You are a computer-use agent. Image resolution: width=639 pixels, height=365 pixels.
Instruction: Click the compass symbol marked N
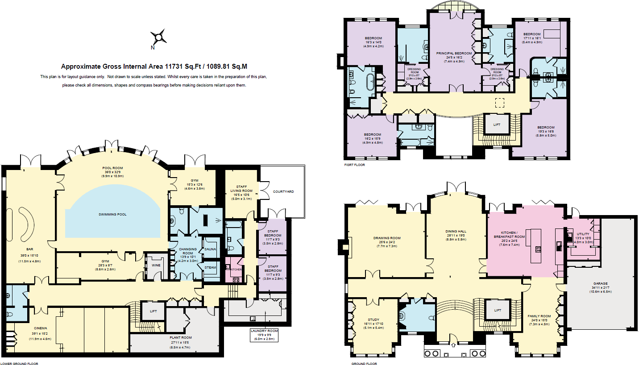tap(158, 37)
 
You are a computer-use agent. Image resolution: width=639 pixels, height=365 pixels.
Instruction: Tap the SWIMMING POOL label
tap(112, 214)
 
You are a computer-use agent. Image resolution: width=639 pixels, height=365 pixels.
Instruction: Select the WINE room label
tap(156, 265)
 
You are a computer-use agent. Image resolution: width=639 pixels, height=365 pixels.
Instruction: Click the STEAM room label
tap(210, 268)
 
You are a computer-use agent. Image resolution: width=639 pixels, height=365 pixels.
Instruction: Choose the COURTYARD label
tap(283, 191)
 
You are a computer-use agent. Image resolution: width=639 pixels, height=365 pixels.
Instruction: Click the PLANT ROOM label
tap(181, 337)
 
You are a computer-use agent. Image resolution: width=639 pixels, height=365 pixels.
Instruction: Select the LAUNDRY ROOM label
tap(266, 331)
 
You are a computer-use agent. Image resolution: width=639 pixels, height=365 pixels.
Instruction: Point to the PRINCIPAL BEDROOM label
tap(454, 54)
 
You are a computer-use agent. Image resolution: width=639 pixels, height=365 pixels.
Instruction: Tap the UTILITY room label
tap(583, 234)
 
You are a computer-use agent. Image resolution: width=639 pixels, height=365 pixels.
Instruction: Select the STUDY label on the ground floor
tap(374, 319)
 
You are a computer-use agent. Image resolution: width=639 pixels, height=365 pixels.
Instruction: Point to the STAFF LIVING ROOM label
tap(241, 191)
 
